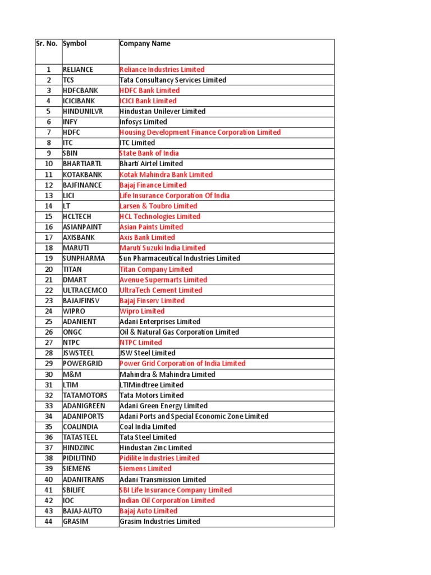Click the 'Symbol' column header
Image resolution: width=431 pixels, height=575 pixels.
pos(75,44)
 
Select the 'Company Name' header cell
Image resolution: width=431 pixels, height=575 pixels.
pos(145,44)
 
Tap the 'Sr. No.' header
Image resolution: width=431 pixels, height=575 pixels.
pos(46,44)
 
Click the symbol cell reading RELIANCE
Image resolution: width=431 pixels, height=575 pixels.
pos(78,70)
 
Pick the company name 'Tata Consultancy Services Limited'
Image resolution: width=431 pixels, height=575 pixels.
pos(173,80)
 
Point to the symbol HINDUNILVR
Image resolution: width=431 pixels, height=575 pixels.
pos(83,112)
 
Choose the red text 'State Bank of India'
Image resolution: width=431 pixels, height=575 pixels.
pos(149,153)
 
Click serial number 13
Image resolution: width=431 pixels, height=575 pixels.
pos(49,195)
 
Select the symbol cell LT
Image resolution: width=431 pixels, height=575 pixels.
pos(67,206)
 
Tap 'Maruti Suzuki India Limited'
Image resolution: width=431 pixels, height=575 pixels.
pos(162,248)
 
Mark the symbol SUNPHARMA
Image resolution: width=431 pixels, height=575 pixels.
pos(84,258)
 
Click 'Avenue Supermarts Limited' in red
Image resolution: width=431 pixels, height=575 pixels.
pos(163,280)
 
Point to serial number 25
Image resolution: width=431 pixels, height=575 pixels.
pos(49,322)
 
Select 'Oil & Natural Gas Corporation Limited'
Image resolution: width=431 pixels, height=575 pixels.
pos(179,332)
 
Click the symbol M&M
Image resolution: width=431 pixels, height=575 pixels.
pos(71,375)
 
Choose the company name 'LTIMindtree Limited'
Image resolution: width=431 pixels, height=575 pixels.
pos(152,385)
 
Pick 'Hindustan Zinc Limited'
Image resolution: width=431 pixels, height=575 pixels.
pos(155,448)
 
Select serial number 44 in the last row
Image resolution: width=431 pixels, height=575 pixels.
pos(49,522)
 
